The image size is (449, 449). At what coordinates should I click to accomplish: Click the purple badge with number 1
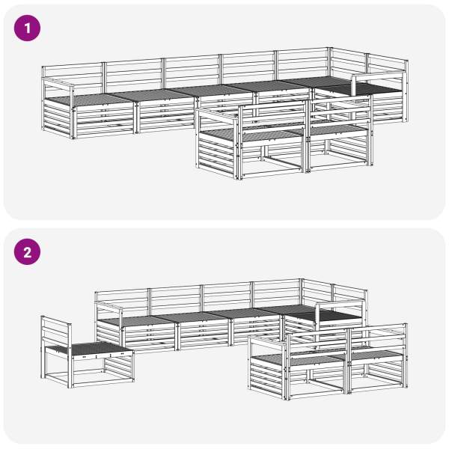27,28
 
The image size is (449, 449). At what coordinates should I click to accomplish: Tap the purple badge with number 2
27,251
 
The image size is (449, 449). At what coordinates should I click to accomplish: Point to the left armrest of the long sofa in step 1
58,83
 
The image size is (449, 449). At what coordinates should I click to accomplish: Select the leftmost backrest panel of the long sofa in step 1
73,75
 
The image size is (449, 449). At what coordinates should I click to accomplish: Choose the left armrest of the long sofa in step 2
109,306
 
